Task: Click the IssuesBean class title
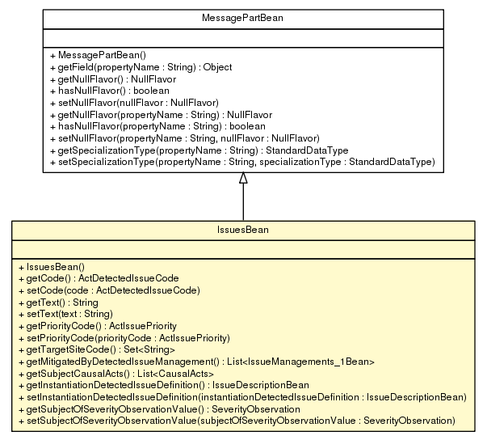click(243, 230)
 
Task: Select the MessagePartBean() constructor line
click(92, 54)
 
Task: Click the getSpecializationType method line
click(199, 150)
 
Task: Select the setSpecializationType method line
click(242, 163)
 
